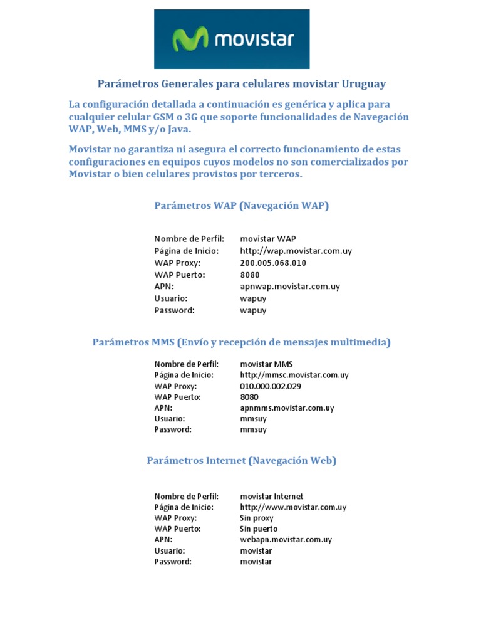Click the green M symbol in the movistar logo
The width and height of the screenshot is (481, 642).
coord(191,39)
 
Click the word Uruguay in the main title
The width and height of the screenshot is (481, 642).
coord(364,83)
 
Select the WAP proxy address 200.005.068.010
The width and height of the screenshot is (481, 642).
coord(273,263)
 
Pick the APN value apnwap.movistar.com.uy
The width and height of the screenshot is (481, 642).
coord(290,287)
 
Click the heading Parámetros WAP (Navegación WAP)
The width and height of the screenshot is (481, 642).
coord(241,206)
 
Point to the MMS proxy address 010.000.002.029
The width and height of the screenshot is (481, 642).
coord(271,386)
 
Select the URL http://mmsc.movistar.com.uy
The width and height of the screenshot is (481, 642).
coord(294,375)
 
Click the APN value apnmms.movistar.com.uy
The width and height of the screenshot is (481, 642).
coord(287,408)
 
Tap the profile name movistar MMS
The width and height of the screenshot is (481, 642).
coord(266,364)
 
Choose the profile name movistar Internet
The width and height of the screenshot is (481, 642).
coord(272,496)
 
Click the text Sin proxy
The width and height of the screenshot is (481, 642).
coord(257,518)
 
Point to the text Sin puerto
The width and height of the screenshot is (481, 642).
coord(259,529)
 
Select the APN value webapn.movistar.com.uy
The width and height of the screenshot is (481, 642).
coord(286,539)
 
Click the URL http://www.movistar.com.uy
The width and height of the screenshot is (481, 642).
coord(293,507)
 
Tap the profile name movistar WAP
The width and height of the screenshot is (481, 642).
coord(268,239)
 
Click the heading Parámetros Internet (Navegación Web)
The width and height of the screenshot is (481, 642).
coord(241,461)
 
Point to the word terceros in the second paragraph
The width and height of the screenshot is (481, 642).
coord(279,174)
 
